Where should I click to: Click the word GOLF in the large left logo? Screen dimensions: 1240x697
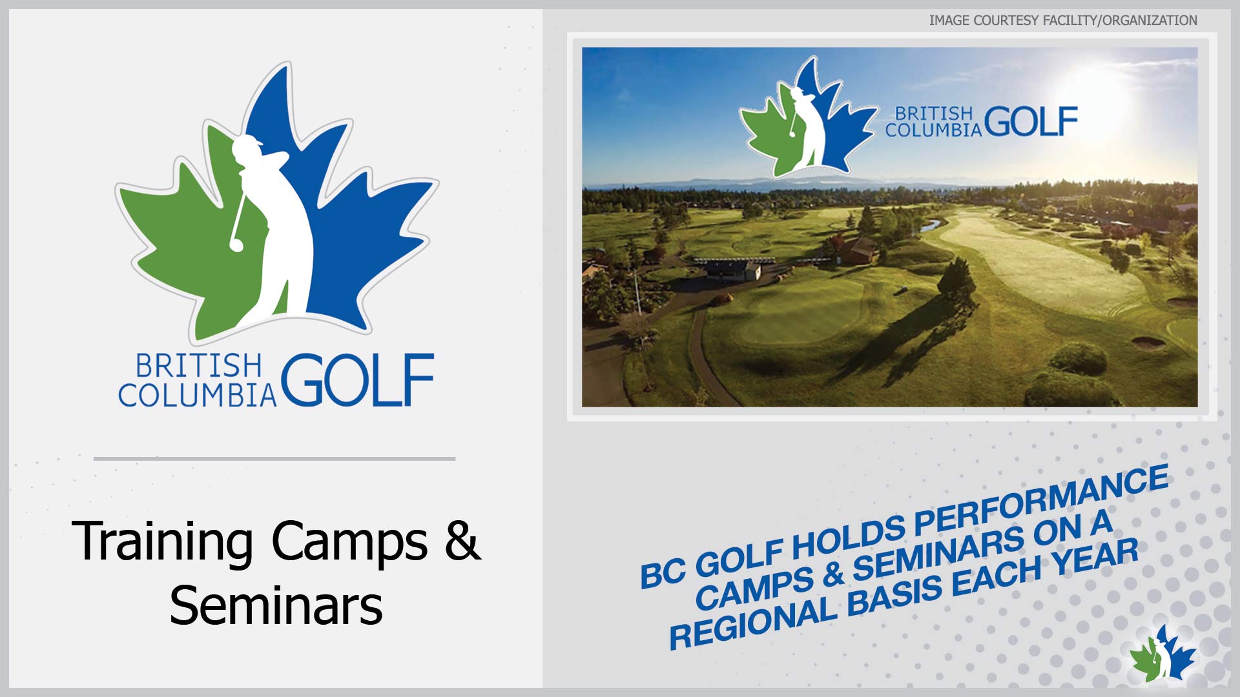tap(357, 380)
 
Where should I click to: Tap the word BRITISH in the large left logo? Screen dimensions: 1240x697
tap(198, 366)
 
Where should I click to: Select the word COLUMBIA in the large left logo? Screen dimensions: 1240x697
tap(197, 395)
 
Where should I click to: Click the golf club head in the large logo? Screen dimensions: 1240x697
tap(236, 244)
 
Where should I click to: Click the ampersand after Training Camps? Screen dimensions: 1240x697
tap(462, 541)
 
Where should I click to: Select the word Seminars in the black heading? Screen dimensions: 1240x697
tap(276, 605)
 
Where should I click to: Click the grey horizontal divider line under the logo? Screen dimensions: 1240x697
tap(274, 459)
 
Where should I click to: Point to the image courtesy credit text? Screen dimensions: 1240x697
tap(1063, 21)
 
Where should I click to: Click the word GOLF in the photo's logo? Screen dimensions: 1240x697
tap(1031, 121)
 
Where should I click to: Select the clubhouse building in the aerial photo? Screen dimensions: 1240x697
tap(734, 268)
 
